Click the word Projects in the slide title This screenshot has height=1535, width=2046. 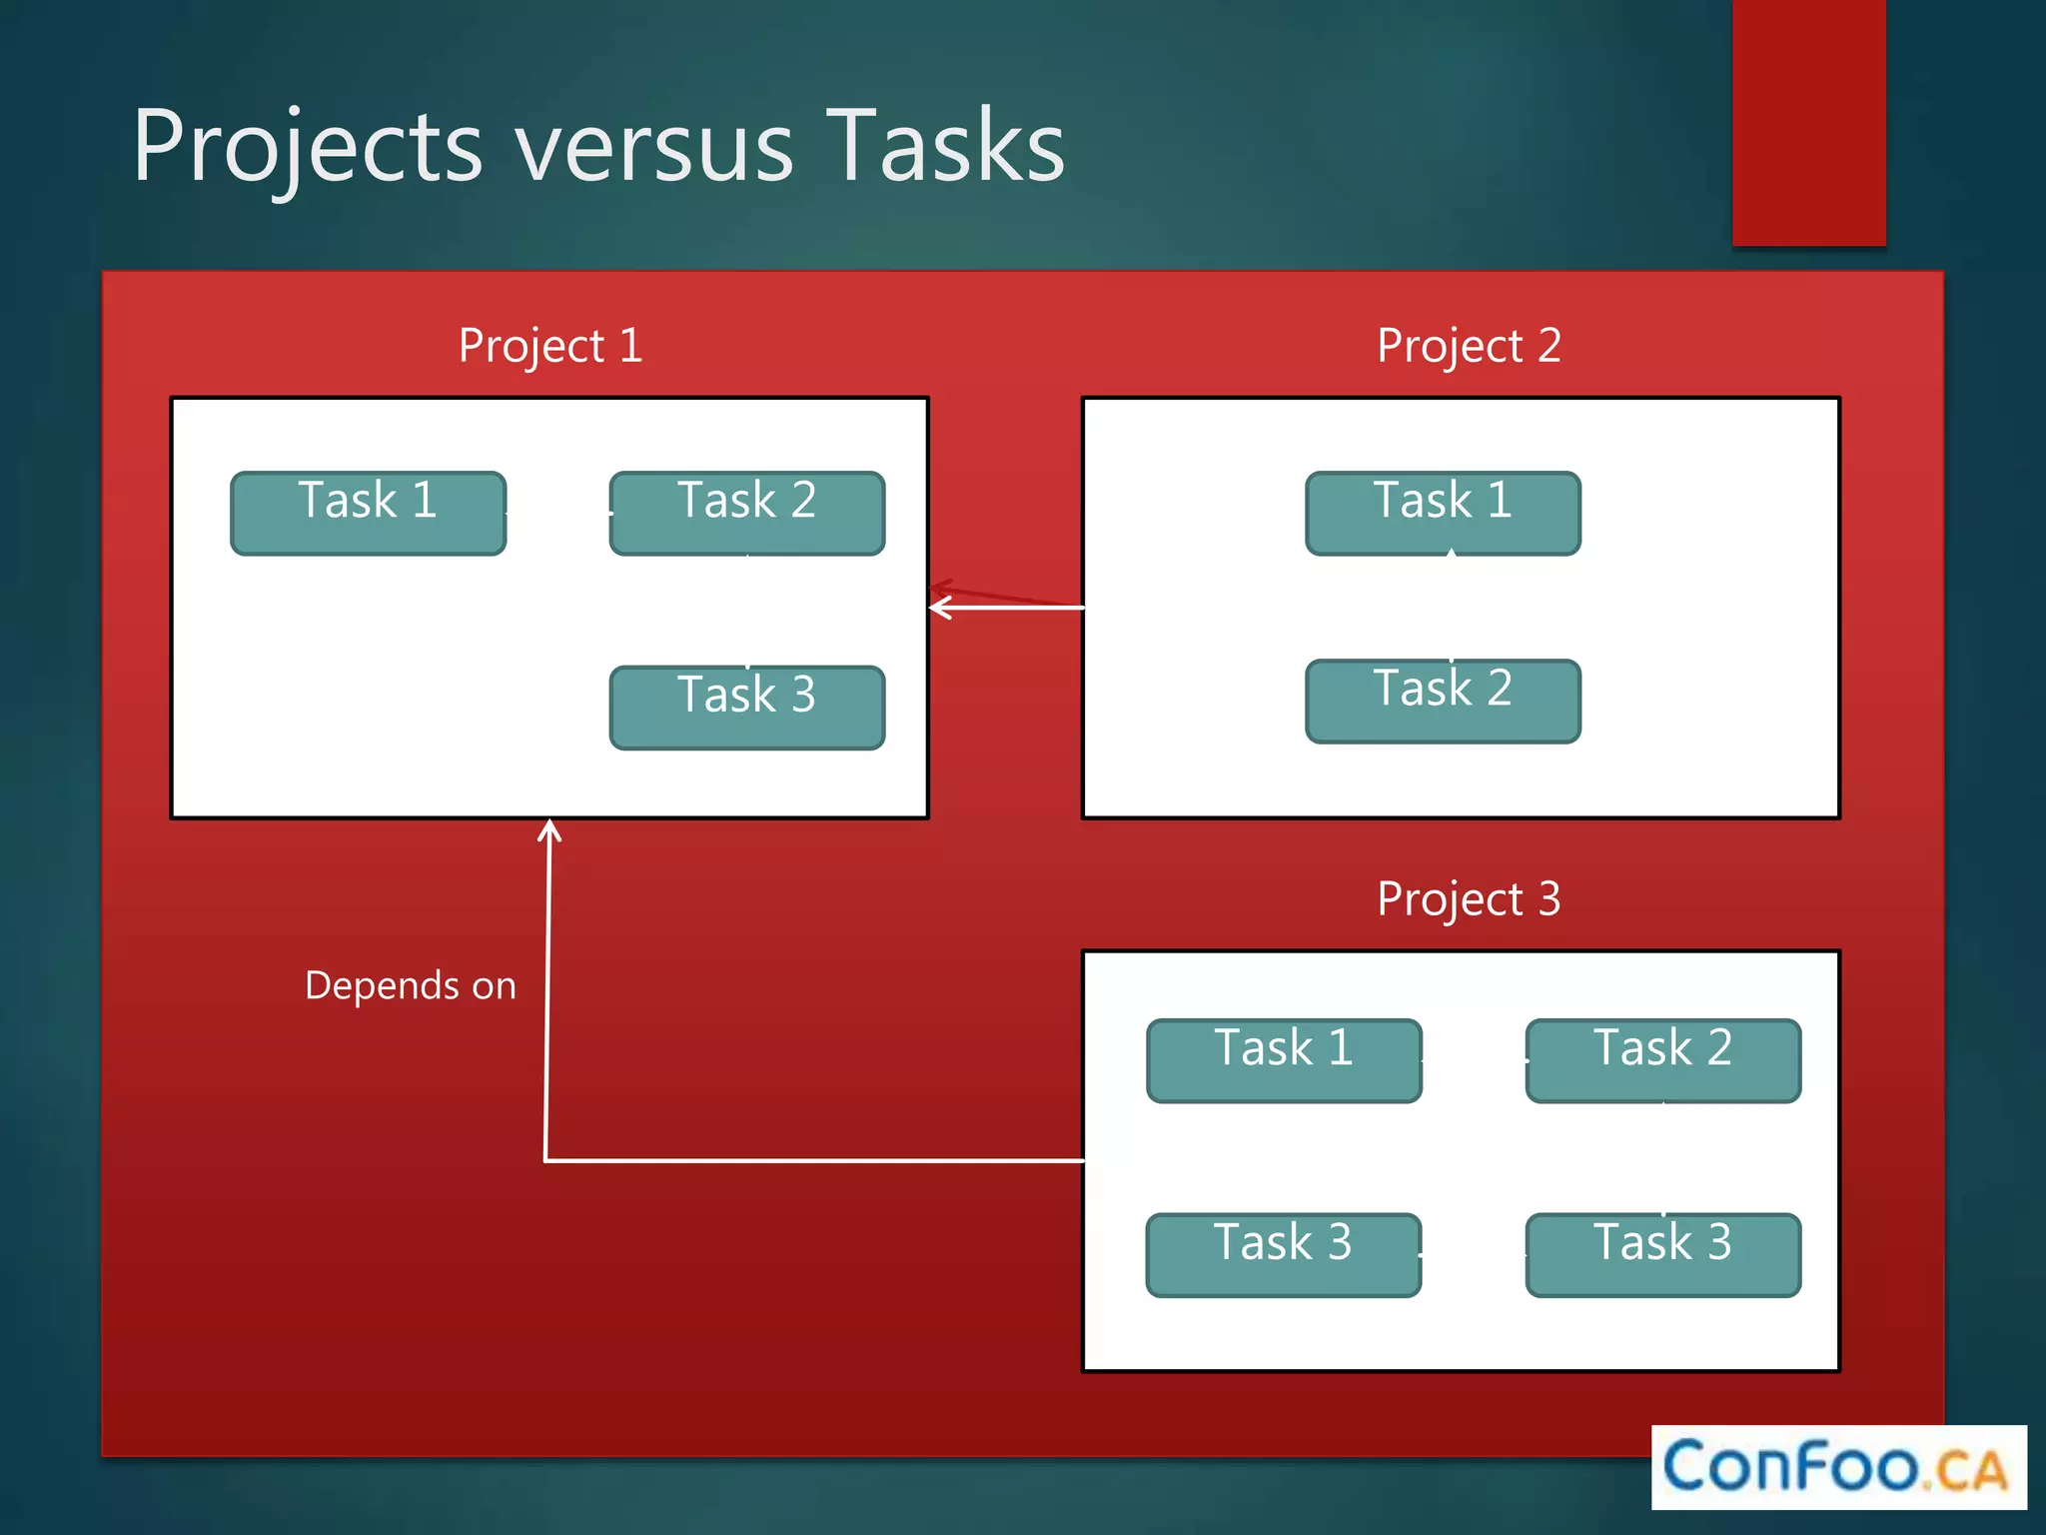[x=308, y=148]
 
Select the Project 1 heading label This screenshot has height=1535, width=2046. [x=549, y=346]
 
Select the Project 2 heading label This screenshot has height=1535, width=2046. [x=1469, y=346]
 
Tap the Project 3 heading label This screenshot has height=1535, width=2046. [x=1469, y=898]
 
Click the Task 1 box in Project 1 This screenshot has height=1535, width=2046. [x=368, y=513]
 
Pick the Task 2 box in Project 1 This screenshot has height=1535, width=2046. [x=747, y=513]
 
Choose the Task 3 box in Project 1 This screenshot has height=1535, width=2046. [x=747, y=707]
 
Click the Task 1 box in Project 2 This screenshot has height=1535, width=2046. [x=1443, y=513]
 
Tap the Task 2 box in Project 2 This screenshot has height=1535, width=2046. [x=1443, y=701]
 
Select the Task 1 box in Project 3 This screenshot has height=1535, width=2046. [x=1284, y=1060]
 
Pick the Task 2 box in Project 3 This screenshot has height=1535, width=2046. [x=1662, y=1060]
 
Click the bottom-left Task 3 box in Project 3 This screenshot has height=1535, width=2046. [x=1284, y=1254]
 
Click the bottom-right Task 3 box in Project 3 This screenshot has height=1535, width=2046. [x=1662, y=1254]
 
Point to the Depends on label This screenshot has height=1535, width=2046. [x=411, y=985]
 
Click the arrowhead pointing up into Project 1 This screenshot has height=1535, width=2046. [x=548, y=830]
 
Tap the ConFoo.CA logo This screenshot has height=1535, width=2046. [x=1837, y=1466]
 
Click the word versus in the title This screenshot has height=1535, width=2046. [x=654, y=148]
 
